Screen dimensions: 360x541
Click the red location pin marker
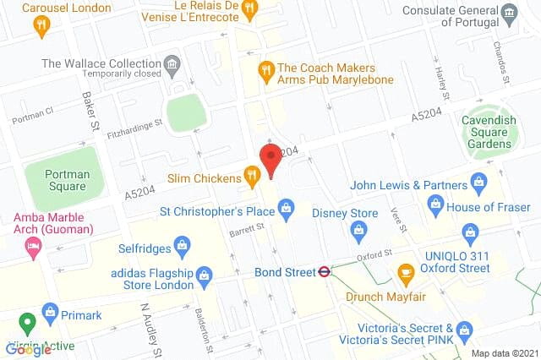point(270,159)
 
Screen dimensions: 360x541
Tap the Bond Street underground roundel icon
point(323,272)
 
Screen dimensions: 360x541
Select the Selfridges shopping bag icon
point(180,246)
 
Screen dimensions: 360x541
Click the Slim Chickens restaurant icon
point(251,176)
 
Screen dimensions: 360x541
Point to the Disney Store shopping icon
point(358,229)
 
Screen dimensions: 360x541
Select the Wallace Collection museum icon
point(172,63)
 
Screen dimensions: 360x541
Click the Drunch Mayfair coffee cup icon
point(406,272)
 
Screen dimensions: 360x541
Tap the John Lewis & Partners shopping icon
point(478,182)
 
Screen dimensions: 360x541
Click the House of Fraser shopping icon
point(436,202)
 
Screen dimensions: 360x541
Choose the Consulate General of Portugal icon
point(510,11)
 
